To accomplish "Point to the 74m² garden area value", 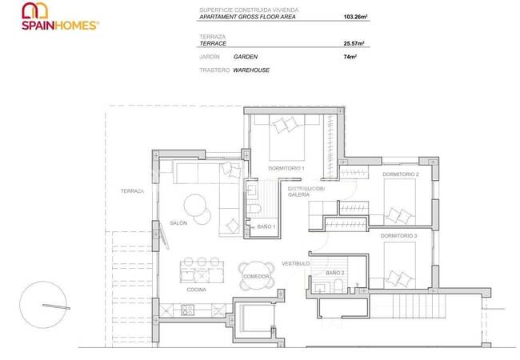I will (349, 58).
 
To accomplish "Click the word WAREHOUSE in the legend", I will (251, 70).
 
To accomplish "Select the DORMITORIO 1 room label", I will (286, 168).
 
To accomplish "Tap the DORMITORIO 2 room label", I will (399, 174).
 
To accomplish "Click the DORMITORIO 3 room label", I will (398, 236).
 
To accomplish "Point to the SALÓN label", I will (178, 223).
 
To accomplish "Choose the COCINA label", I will (198, 290).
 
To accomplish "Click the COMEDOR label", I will (256, 276).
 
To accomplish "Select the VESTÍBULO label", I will (296, 263).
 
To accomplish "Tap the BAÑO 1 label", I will (266, 227).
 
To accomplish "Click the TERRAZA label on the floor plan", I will (132, 191).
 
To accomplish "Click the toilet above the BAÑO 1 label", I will (255, 210).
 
